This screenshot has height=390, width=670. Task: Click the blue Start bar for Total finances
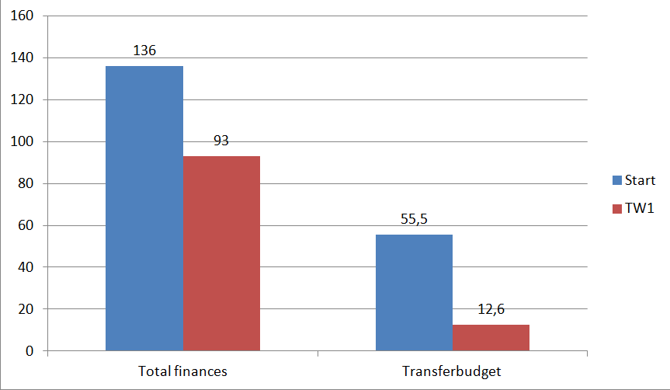pos(144,208)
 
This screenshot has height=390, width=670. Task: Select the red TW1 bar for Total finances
pos(222,253)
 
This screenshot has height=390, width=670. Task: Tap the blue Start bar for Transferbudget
pos(414,292)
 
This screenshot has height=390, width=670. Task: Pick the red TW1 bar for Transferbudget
pos(491,338)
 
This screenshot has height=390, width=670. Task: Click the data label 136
pos(144,50)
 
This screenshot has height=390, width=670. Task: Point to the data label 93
pos(221,141)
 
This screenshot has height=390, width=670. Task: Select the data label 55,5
pos(414,219)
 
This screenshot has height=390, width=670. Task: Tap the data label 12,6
pos(491,308)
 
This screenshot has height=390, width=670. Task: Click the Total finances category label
pos(182,371)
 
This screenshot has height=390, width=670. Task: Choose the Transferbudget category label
pos(452,371)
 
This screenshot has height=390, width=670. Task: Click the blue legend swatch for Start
pos(617,180)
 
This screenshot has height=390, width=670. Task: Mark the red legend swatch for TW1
pos(617,209)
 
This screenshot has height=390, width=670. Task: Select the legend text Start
pos(640,180)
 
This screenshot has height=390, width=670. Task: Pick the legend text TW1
pos(640,208)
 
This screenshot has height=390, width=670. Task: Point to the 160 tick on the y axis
pos(22,16)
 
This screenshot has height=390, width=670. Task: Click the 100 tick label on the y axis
pos(22,141)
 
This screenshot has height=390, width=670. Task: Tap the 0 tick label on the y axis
pos(30,351)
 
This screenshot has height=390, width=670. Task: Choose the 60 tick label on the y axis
pos(26,225)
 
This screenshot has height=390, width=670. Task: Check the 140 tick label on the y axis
pos(22,57)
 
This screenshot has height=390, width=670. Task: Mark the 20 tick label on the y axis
pos(26,309)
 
